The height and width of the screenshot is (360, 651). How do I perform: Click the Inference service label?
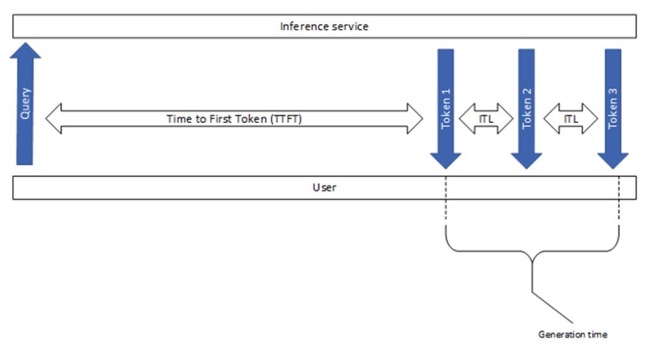pyautogui.click(x=324, y=27)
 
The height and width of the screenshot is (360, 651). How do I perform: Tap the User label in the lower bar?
pyautogui.click(x=324, y=188)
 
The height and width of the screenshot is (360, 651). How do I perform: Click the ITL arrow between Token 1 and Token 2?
pyautogui.click(x=486, y=119)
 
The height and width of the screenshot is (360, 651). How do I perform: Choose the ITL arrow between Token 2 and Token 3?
pyautogui.click(x=570, y=119)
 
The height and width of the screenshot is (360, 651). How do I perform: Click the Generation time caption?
pyautogui.click(x=572, y=334)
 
